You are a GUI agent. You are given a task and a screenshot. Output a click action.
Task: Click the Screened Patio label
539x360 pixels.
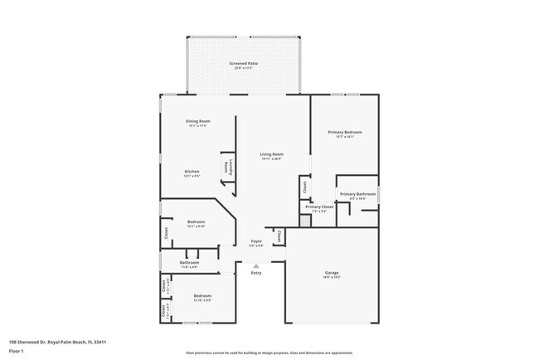(242, 63)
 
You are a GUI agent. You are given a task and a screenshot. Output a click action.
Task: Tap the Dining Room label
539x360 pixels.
(198, 122)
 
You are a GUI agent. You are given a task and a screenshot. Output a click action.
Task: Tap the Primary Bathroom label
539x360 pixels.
(357, 194)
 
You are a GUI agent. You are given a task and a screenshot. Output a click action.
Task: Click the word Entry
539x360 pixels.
(256, 273)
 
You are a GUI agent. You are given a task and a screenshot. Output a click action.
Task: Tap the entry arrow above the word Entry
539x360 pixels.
(256, 265)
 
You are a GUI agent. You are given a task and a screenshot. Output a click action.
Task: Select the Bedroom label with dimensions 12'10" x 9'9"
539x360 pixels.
(202, 296)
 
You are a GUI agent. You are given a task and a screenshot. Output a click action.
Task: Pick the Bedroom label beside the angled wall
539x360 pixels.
(196, 221)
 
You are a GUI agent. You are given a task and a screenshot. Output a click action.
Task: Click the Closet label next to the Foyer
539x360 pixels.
(279, 236)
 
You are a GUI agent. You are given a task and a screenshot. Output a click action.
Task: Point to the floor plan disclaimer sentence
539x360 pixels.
(269, 353)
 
